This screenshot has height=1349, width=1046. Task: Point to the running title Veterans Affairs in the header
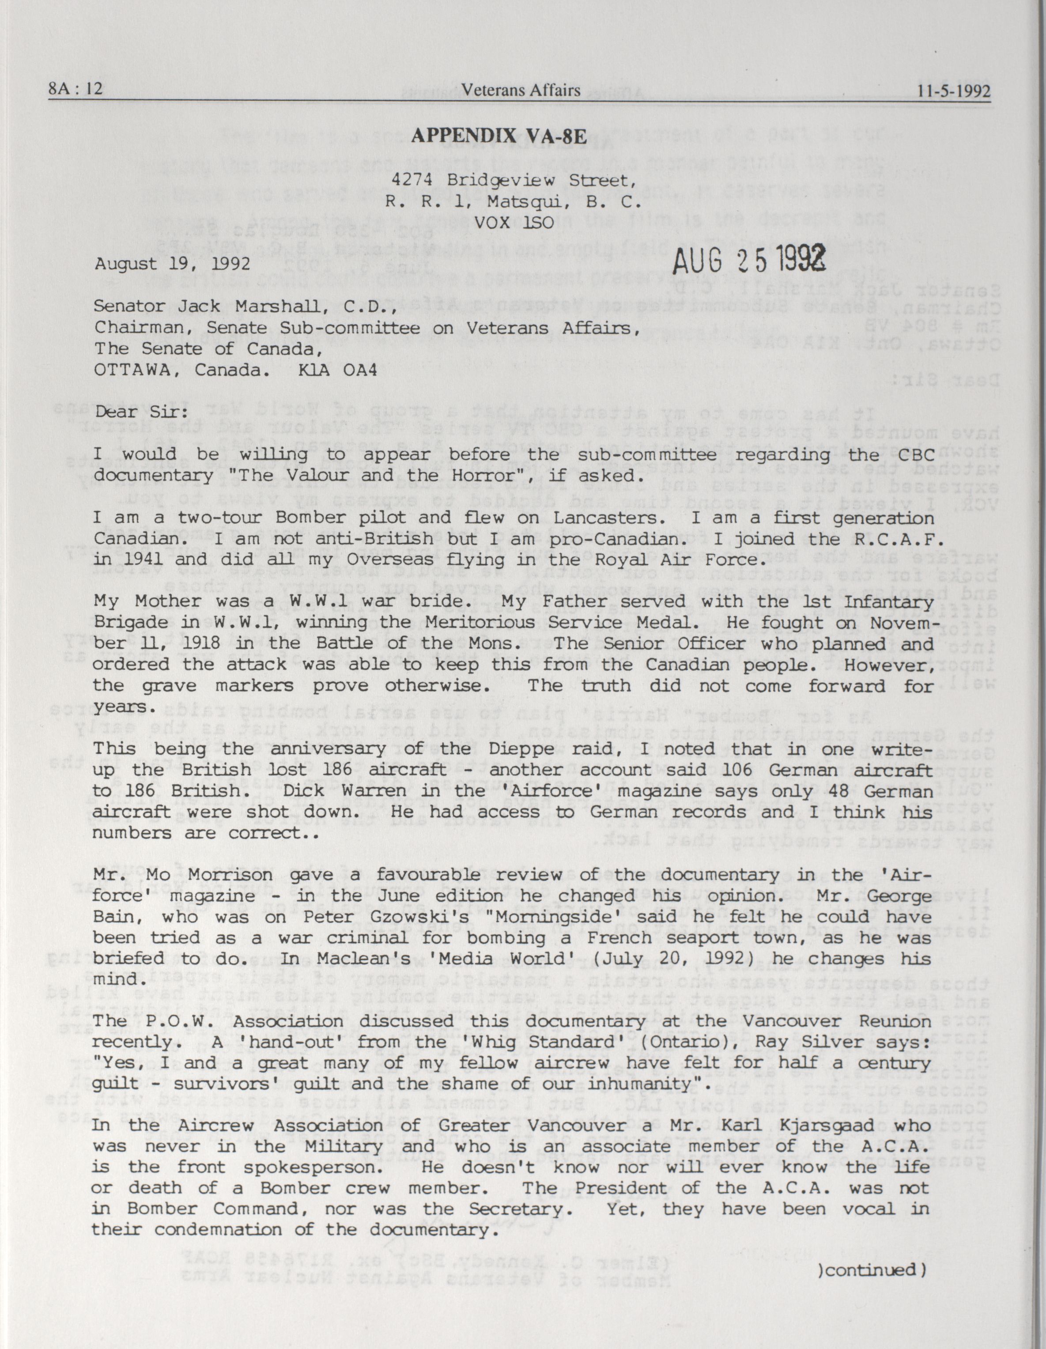(522, 91)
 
